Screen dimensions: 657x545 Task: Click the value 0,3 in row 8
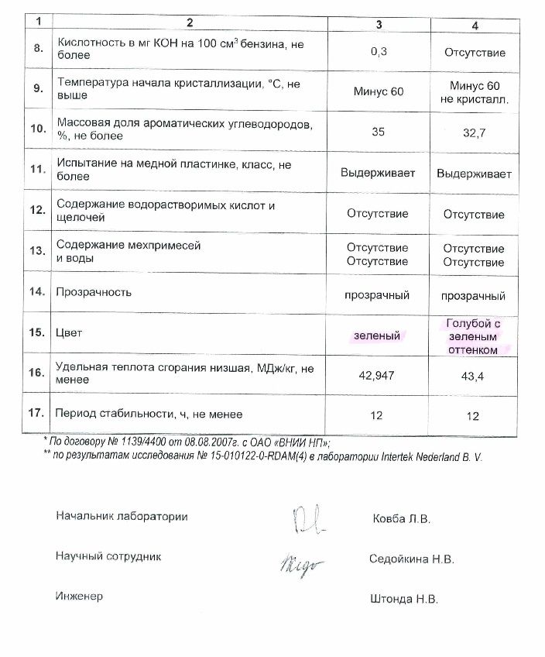point(377,53)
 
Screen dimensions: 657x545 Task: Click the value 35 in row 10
point(378,132)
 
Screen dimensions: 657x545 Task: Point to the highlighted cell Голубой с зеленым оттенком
point(474,335)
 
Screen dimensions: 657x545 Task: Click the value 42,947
point(377,374)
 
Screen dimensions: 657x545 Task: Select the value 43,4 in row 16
point(474,375)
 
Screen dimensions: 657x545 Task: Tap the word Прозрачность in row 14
point(95,292)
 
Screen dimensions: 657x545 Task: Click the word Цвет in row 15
point(70,332)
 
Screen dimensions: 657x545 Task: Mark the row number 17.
point(36,414)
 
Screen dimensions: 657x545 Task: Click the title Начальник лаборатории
point(122,516)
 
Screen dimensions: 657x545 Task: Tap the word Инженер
point(79,596)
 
